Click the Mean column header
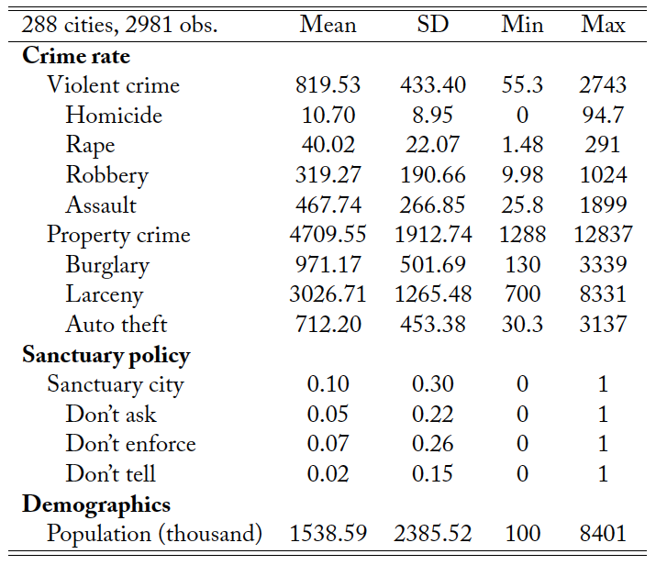click(x=328, y=25)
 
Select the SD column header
click(x=433, y=25)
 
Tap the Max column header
click(x=603, y=25)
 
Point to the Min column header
click(x=522, y=25)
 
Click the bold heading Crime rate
click(x=76, y=55)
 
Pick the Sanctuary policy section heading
click(x=106, y=355)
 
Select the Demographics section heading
click(x=96, y=504)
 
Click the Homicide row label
click(x=114, y=116)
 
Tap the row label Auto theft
click(x=117, y=325)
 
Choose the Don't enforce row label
click(x=130, y=444)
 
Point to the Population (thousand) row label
click(x=155, y=534)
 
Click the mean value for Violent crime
click(x=328, y=85)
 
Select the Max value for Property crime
click(x=603, y=235)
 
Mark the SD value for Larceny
click(x=433, y=295)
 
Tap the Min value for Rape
click(x=522, y=145)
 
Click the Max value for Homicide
click(x=603, y=116)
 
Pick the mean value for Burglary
click(x=328, y=265)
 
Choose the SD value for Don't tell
click(x=433, y=474)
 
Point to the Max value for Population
click(x=603, y=534)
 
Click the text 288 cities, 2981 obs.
click(x=120, y=25)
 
